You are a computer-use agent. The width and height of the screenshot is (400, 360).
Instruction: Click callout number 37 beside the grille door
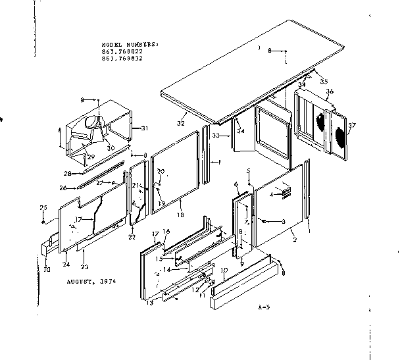click(x=352, y=126)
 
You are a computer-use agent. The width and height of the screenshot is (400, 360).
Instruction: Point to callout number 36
click(x=329, y=91)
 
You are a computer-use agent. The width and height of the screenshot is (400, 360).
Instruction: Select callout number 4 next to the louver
click(x=272, y=194)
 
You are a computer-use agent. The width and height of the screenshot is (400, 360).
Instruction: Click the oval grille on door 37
click(x=341, y=139)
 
